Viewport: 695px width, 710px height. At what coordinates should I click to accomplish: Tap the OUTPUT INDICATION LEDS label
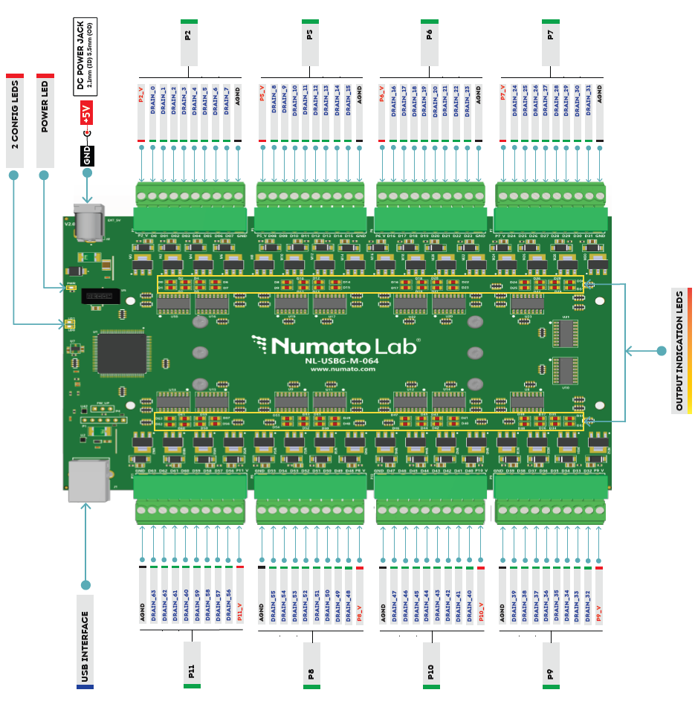(679, 350)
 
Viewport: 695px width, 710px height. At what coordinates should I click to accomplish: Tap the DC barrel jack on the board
(89, 221)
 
